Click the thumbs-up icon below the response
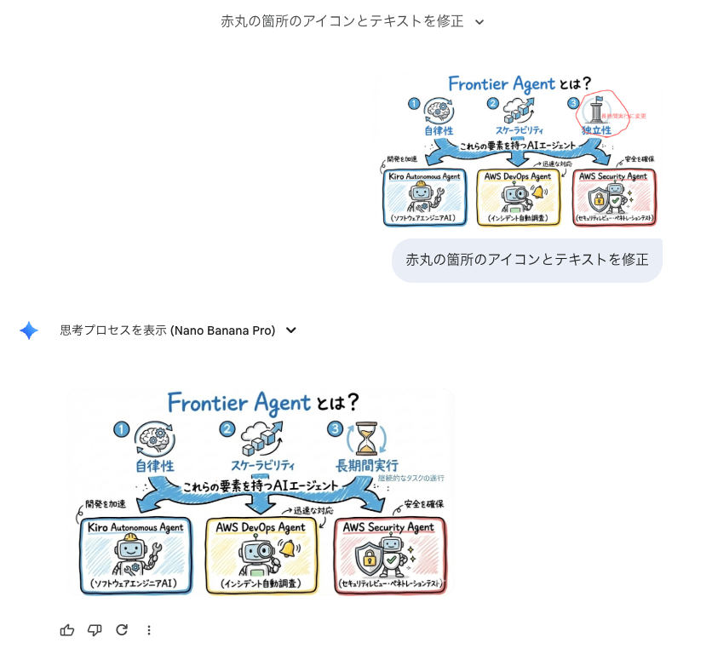[67, 630]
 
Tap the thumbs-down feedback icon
[95, 630]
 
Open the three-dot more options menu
[149, 630]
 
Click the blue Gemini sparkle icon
[29, 330]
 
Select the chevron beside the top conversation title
[479, 22]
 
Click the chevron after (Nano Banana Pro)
[291, 330]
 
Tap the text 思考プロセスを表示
[113, 330]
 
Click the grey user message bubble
[526, 260]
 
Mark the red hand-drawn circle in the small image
[602, 113]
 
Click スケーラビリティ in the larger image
[262, 466]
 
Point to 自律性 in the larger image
[154, 466]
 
